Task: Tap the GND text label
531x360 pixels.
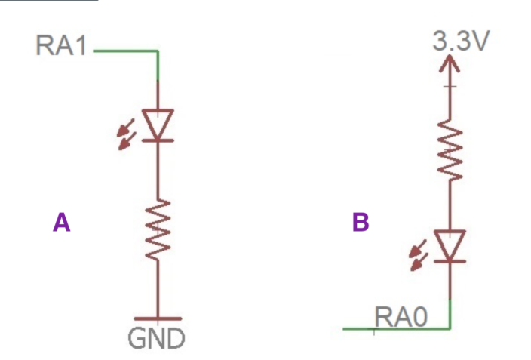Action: point(157,338)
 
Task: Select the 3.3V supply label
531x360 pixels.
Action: point(460,41)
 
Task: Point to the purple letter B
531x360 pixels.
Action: point(361,222)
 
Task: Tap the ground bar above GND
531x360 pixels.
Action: point(158,319)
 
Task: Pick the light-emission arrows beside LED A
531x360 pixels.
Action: point(126,134)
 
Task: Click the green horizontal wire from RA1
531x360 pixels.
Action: point(124,51)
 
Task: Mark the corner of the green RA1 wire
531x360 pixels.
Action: point(158,51)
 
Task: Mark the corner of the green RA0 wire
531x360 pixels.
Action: point(450,328)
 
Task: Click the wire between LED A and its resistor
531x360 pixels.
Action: point(158,170)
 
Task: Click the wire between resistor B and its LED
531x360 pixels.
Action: point(450,205)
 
